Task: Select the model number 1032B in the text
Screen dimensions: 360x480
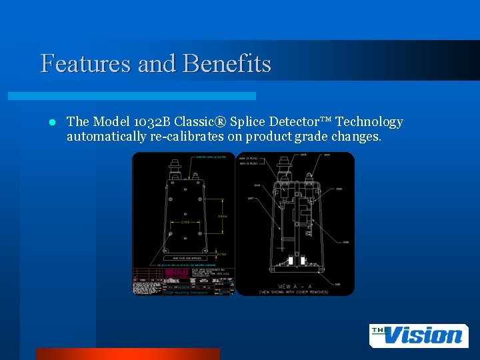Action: [147, 121]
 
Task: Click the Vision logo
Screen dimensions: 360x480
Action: [418, 335]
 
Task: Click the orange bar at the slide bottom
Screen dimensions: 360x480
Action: [127, 353]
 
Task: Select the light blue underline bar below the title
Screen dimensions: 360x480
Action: [131, 96]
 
